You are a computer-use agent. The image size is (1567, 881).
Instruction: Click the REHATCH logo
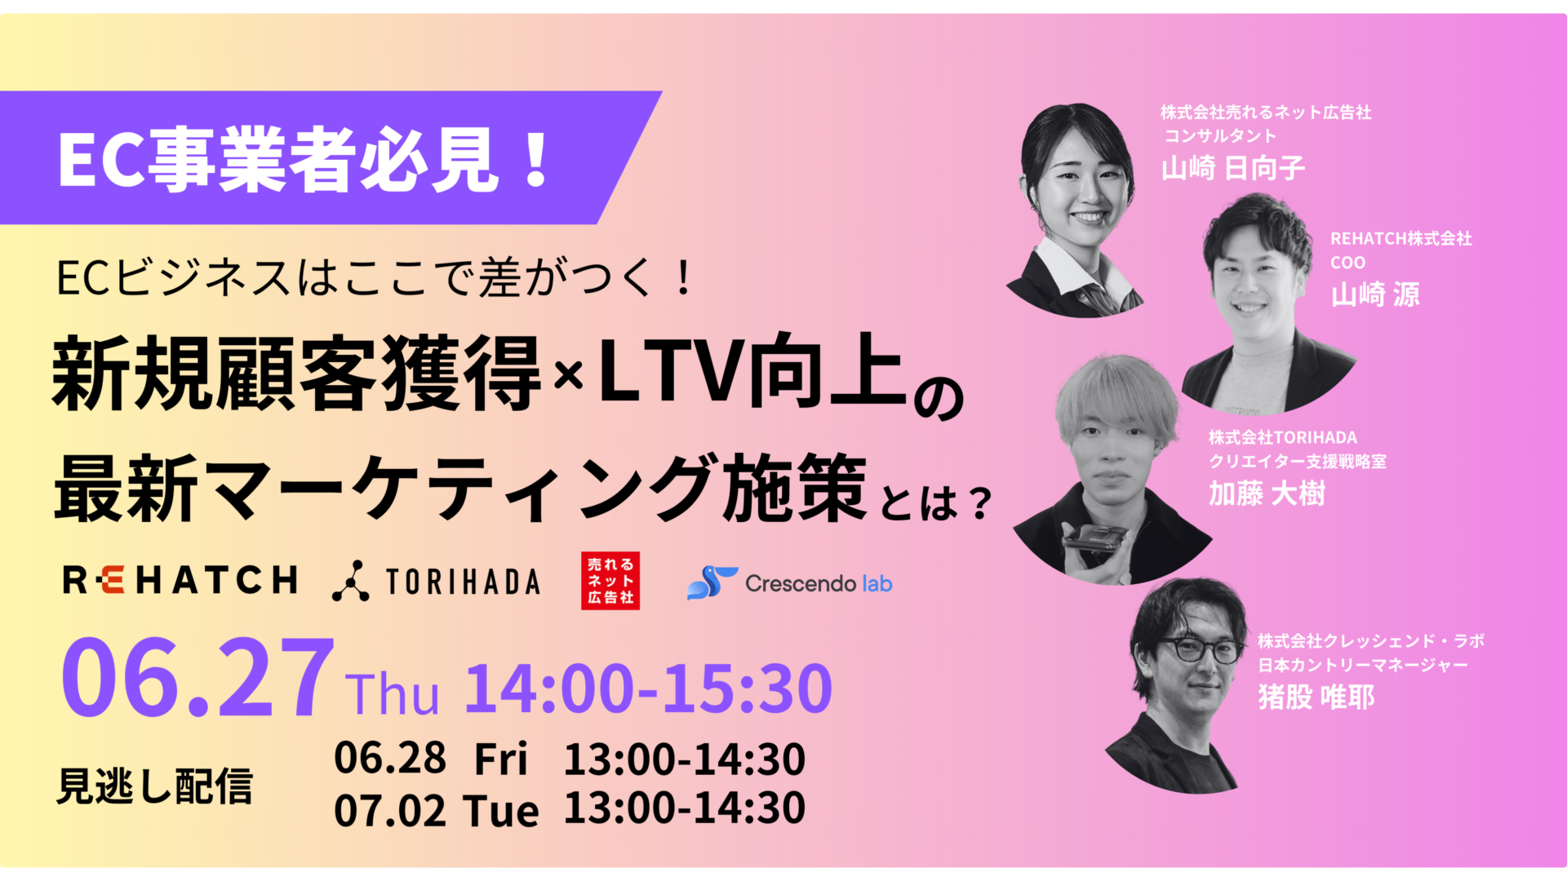click(180, 581)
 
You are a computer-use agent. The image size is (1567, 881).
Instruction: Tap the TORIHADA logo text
click(463, 582)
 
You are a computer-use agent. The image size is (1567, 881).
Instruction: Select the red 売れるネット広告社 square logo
click(610, 581)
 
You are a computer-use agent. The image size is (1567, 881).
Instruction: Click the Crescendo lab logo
click(790, 583)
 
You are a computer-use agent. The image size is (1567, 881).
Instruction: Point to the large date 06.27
click(198, 679)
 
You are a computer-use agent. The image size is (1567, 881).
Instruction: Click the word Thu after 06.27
click(392, 694)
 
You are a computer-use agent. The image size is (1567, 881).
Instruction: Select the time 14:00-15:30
click(649, 688)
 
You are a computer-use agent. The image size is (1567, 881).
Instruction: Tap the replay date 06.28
click(390, 758)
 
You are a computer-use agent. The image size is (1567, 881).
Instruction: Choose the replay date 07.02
click(390, 810)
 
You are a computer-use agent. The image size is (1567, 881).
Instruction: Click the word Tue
click(501, 811)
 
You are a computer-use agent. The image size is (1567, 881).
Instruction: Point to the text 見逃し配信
click(154, 787)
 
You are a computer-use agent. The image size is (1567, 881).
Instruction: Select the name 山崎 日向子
click(1233, 168)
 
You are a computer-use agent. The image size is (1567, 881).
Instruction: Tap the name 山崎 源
click(1375, 294)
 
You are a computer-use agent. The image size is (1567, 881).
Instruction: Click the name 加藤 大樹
click(1267, 494)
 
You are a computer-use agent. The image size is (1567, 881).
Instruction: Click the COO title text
click(1347, 263)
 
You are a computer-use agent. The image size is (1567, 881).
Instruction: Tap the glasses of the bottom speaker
click(1197, 649)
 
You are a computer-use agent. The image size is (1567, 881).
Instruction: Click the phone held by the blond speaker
click(1094, 537)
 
